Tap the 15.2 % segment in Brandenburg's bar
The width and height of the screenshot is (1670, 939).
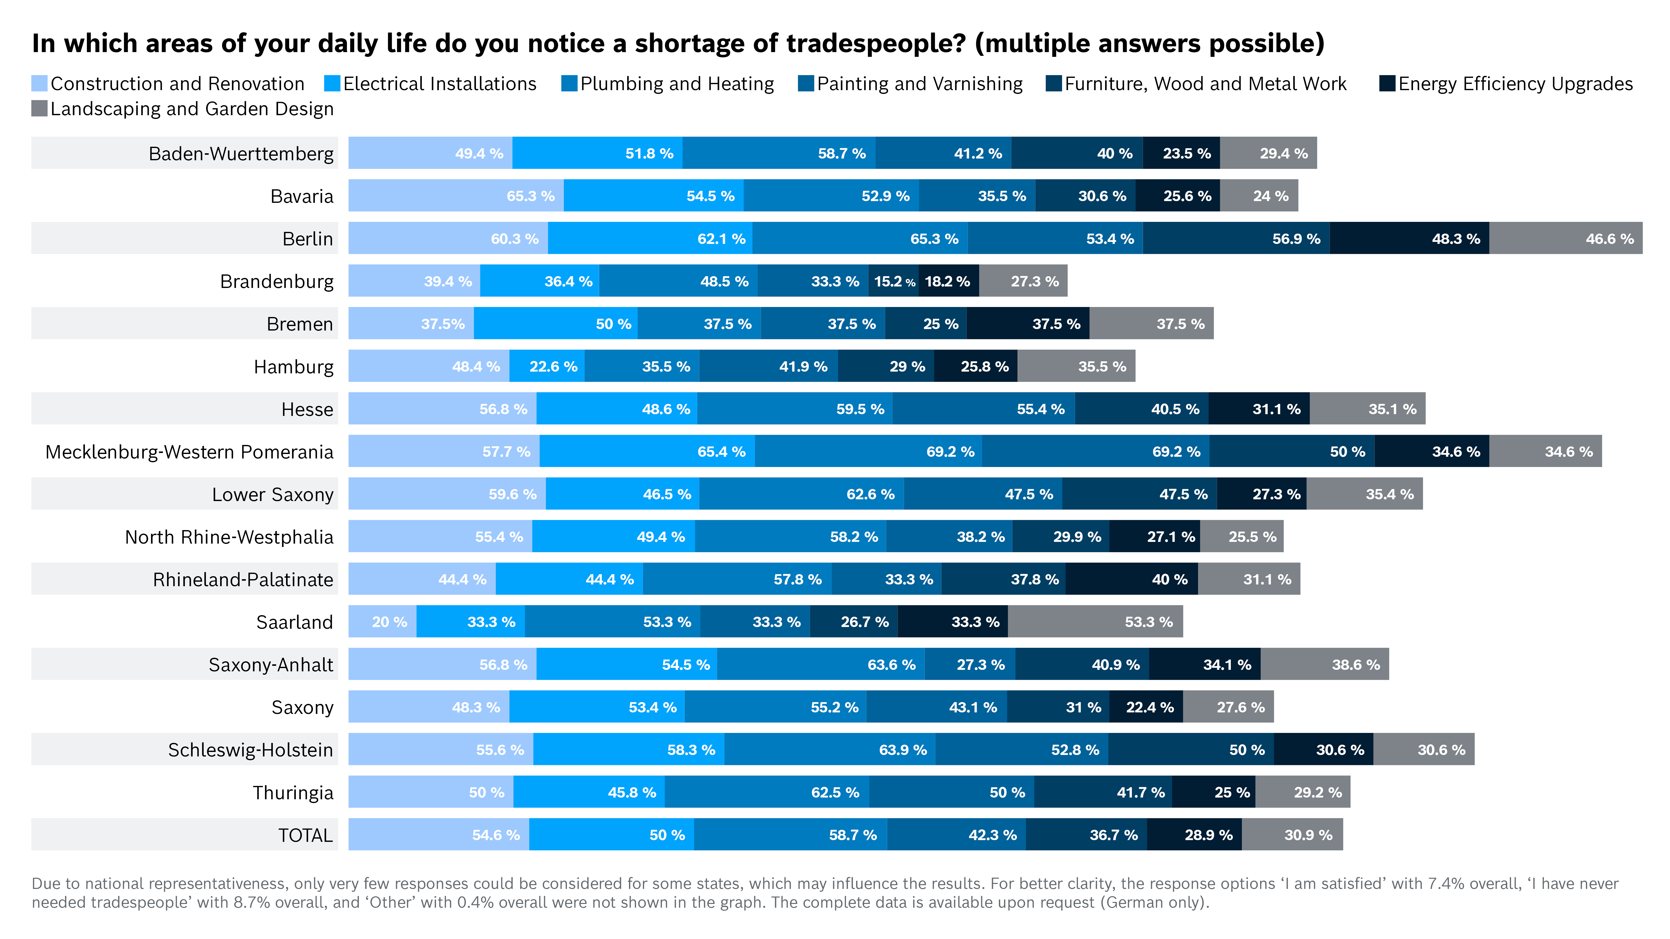point(893,281)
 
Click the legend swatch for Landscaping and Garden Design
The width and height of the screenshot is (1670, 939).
point(40,109)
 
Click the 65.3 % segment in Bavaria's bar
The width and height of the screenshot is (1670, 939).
point(456,196)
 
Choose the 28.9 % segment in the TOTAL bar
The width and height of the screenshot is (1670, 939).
point(1194,835)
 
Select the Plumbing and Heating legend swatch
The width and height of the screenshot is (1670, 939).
point(569,84)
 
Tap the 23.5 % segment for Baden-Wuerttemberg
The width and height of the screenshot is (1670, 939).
point(1181,153)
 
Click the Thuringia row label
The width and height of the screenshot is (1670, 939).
point(293,793)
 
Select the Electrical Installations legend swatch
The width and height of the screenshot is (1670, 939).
point(332,84)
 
